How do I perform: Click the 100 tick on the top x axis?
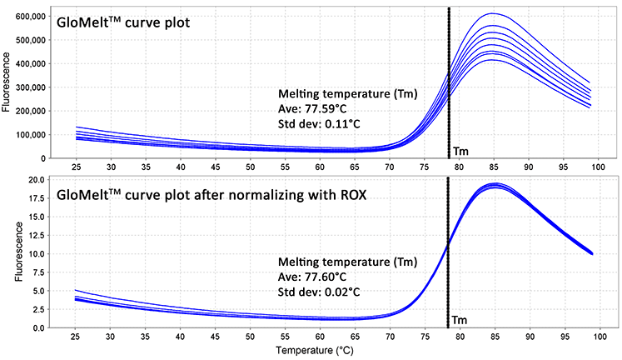click(596, 167)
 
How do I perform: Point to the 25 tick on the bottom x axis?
click(77, 337)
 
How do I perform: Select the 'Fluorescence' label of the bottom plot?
click(10, 252)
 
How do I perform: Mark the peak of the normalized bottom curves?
click(493, 185)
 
